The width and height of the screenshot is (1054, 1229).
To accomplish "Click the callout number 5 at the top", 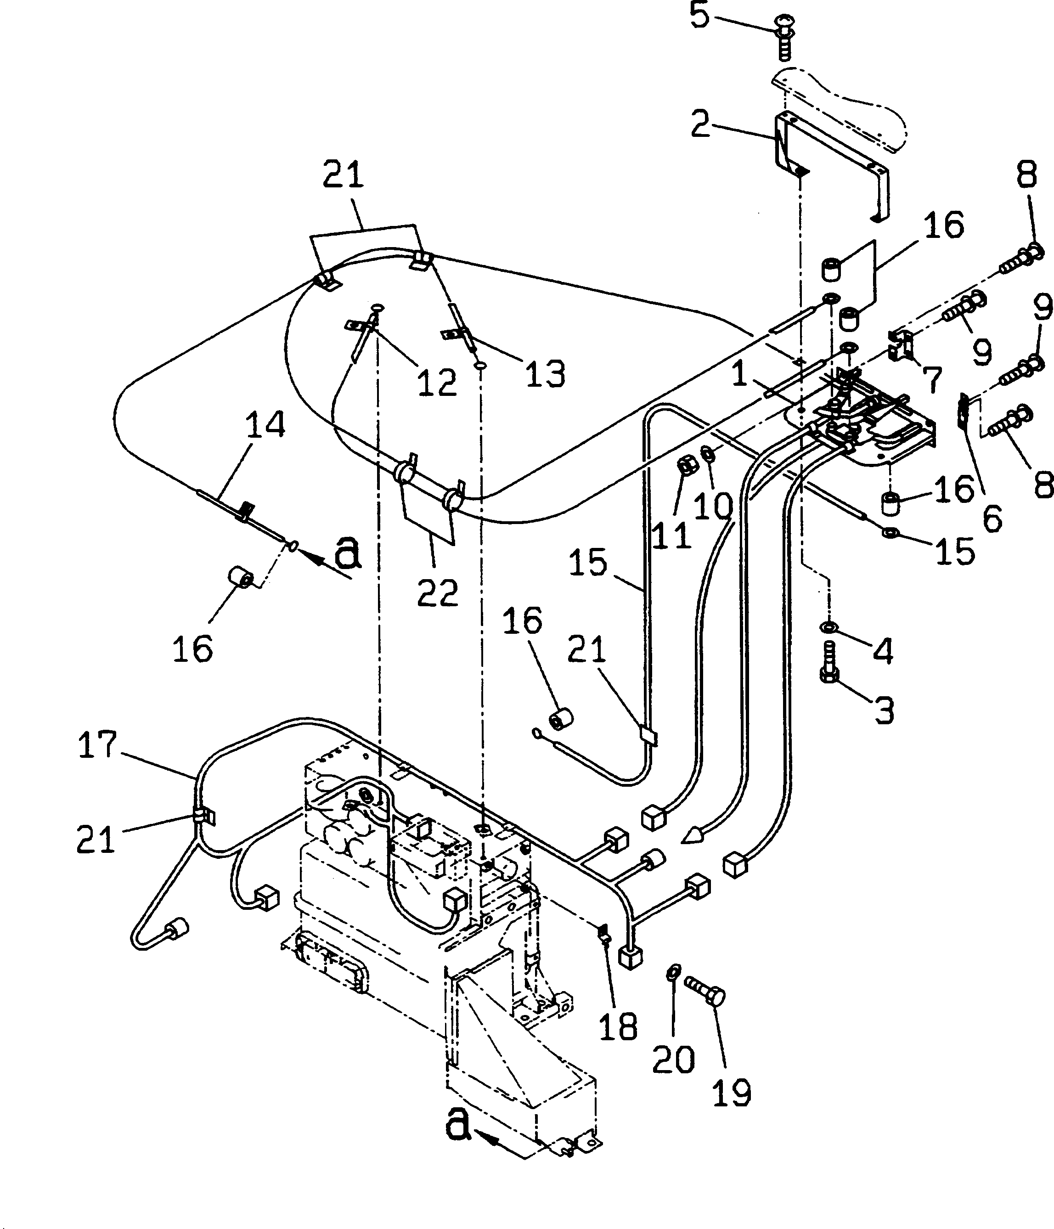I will pyautogui.click(x=700, y=16).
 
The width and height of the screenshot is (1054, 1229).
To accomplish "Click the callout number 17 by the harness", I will pyautogui.click(x=98, y=745).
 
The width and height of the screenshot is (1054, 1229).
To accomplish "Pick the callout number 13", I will pyautogui.click(x=545, y=374).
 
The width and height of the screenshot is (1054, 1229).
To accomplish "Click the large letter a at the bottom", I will pyautogui.click(x=458, y=1123).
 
